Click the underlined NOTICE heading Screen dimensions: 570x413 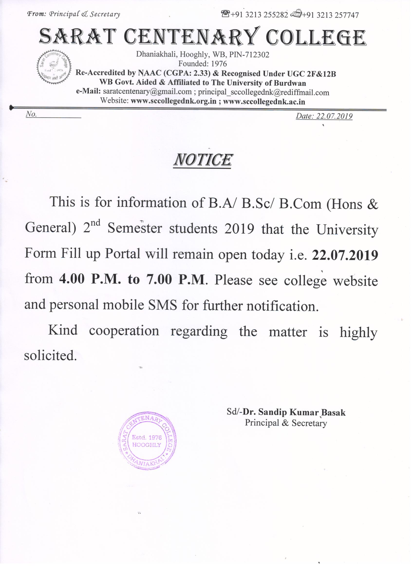(x=203, y=160)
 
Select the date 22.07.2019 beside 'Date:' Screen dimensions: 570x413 (x=334, y=116)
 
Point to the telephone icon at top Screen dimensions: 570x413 (x=225, y=14)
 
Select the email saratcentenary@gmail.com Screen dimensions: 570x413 (x=147, y=91)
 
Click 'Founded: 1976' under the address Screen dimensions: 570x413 (x=202, y=64)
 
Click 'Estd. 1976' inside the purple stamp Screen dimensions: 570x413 (x=147, y=437)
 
